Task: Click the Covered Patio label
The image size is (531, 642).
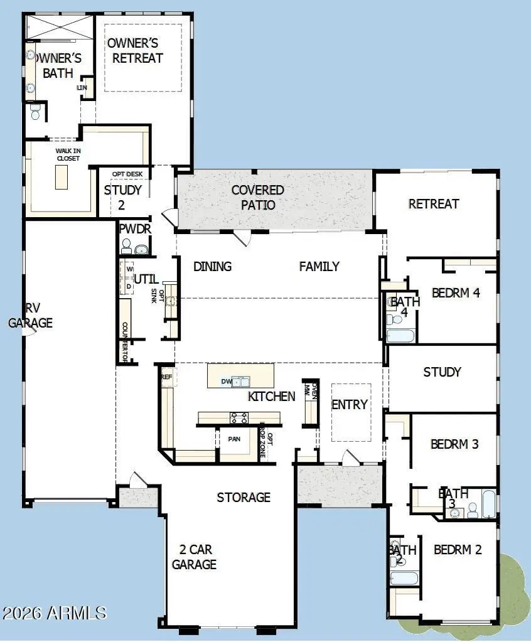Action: click(x=257, y=197)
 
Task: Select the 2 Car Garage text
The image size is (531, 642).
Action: click(x=194, y=557)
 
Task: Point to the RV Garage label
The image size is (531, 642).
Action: click(x=30, y=316)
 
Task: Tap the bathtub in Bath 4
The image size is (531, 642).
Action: click(x=400, y=335)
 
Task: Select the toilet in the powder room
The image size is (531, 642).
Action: click(x=126, y=245)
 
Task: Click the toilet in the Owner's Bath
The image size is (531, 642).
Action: click(x=35, y=112)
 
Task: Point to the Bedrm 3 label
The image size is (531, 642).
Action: click(x=454, y=444)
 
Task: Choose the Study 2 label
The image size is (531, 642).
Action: click(x=123, y=197)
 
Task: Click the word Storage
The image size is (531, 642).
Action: click(x=244, y=498)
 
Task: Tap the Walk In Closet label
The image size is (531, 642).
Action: click(x=67, y=154)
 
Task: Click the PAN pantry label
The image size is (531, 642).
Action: click(x=234, y=438)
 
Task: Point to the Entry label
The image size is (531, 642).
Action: click(x=350, y=405)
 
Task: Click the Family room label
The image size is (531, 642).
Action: click(x=319, y=267)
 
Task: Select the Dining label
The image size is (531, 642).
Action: click(x=212, y=267)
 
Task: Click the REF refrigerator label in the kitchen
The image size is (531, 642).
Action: click(x=166, y=377)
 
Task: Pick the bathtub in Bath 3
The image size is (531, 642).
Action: click(x=488, y=504)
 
